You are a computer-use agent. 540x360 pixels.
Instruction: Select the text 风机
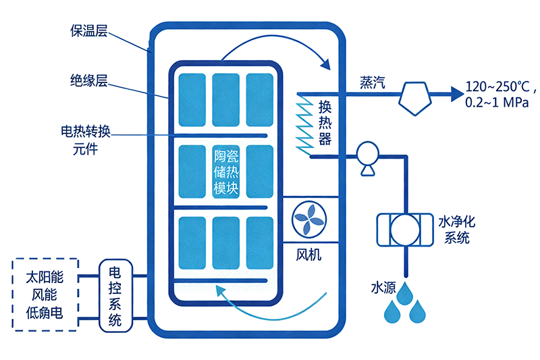tap(310, 255)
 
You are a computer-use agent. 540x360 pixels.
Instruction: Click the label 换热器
tap(326, 122)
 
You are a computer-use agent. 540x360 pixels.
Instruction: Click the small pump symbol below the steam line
tap(367, 157)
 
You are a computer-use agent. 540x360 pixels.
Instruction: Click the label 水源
tap(383, 286)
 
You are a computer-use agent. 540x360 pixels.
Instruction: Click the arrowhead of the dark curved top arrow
tap(326, 66)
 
